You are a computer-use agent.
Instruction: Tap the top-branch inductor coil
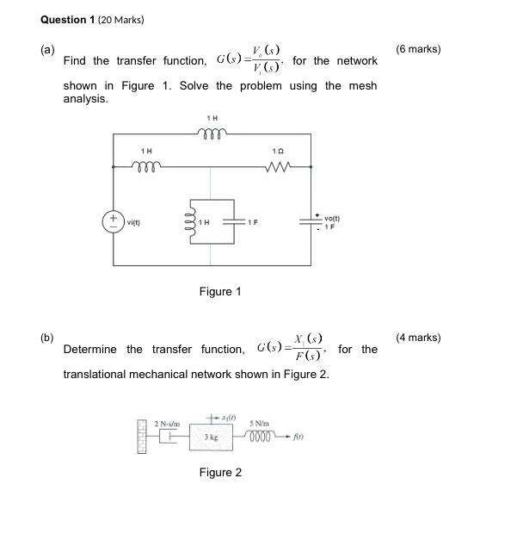(211, 133)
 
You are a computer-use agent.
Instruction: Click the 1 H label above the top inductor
(212, 117)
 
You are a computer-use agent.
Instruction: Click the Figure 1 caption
(220, 291)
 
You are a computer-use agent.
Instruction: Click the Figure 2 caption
(220, 472)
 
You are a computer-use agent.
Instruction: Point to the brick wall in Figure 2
(143, 436)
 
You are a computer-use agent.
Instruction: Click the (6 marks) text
(418, 49)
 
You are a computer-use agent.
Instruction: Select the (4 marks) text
(418, 338)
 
